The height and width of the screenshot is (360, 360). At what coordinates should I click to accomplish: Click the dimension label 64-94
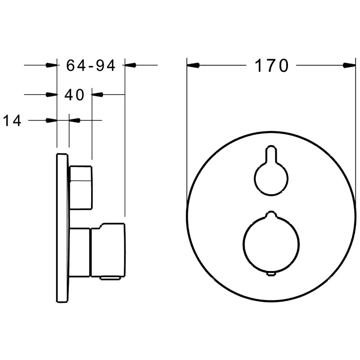point(91,66)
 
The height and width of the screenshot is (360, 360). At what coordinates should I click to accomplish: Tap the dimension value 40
point(75,95)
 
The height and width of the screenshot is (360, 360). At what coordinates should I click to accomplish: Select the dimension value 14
point(12,120)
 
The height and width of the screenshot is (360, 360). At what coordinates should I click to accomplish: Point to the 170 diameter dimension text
point(271,66)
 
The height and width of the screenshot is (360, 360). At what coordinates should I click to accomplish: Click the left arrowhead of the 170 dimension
point(193,66)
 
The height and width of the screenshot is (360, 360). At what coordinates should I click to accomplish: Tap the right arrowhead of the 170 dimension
point(350,66)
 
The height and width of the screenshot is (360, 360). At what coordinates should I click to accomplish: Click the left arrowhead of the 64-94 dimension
point(51,65)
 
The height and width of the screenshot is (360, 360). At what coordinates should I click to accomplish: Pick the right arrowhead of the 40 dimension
point(97,94)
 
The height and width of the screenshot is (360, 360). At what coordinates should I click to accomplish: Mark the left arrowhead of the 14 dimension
point(51,120)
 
